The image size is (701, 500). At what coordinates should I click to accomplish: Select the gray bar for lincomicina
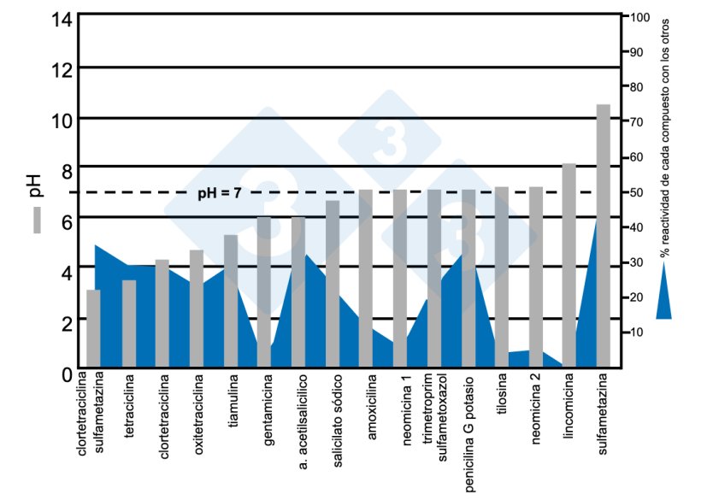click(x=569, y=265)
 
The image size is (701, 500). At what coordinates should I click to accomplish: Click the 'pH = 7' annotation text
click(x=219, y=193)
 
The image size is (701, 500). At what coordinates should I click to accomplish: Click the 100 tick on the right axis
click(x=641, y=17)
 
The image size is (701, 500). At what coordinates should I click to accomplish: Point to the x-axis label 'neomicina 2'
click(x=536, y=406)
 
